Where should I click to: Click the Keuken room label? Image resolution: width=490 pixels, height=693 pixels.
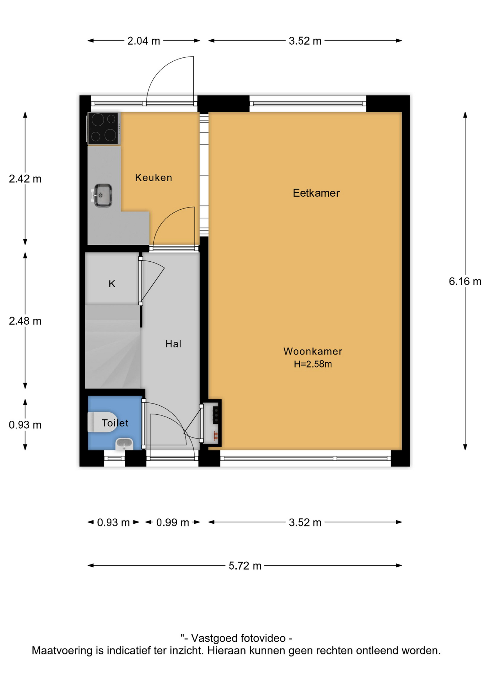click(x=153, y=178)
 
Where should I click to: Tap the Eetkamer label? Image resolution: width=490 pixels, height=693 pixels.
click(x=316, y=193)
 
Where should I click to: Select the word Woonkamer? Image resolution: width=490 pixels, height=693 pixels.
click(x=312, y=351)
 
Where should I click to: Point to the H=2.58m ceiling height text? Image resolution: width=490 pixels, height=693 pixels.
click(x=312, y=364)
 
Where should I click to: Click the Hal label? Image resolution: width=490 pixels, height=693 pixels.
click(x=173, y=344)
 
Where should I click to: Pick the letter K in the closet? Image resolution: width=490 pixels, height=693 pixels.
click(x=112, y=284)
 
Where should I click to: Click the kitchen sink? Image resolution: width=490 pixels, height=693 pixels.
click(x=102, y=195)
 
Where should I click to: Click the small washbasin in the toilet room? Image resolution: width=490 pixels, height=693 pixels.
click(x=124, y=444)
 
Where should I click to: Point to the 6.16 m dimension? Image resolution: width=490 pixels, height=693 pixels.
click(x=465, y=281)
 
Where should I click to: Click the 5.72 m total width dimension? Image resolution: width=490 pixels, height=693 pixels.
click(x=245, y=566)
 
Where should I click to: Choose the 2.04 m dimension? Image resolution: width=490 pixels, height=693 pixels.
click(x=144, y=41)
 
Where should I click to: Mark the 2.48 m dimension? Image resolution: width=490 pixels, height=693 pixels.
click(x=25, y=321)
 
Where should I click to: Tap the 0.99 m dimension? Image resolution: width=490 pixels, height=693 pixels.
click(x=172, y=522)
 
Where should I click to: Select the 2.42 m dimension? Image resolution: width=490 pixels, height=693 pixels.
click(x=25, y=179)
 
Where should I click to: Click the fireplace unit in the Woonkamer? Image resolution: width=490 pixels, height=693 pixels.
click(x=212, y=423)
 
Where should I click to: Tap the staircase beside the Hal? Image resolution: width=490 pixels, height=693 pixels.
click(x=113, y=346)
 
